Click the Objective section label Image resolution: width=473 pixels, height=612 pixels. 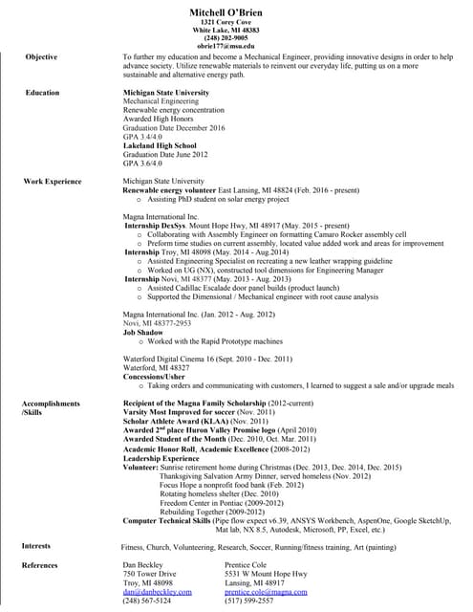(x=41, y=57)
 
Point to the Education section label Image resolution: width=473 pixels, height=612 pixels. (x=42, y=93)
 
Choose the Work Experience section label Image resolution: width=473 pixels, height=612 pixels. (x=53, y=181)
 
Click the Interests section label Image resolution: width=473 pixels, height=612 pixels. (x=38, y=546)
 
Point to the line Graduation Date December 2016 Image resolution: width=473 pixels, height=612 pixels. (x=174, y=127)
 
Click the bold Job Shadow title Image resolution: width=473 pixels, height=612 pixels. (x=142, y=332)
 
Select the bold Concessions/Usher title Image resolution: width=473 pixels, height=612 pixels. (x=155, y=376)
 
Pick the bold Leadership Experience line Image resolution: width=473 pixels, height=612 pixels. (x=161, y=458)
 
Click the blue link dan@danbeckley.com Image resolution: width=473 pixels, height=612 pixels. (x=158, y=592)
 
